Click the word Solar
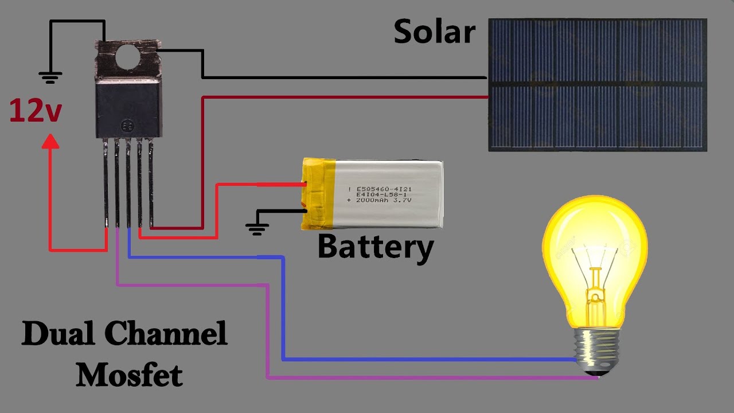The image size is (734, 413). tap(435, 32)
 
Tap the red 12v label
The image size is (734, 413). tap(36, 111)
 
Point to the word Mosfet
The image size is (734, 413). tap(130, 375)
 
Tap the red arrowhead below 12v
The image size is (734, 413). tap(50, 141)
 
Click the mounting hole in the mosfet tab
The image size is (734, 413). tap(128, 57)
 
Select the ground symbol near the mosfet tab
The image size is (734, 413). tap(50, 77)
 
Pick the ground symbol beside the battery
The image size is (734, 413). tap(257, 229)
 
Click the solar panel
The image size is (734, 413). tap(598, 85)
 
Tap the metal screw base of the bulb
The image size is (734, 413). tap(596, 352)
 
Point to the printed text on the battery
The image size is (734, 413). tap(380, 194)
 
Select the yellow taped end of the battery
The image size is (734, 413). tap(318, 194)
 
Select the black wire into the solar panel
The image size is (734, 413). tap(344, 77)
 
